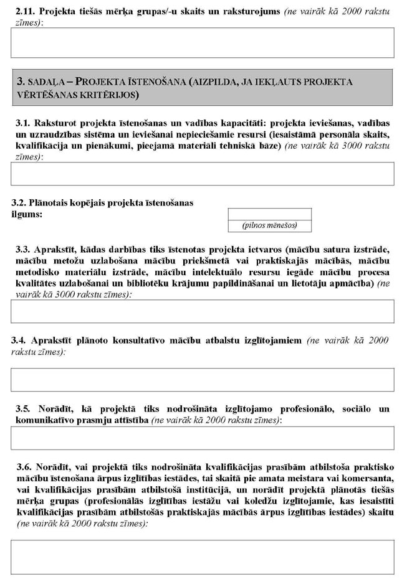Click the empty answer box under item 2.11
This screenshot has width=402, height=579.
pyautogui.click(x=203, y=42)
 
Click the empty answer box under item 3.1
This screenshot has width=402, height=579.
pyautogui.click(x=203, y=174)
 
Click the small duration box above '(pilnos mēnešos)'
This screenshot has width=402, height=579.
pyautogui.click(x=270, y=214)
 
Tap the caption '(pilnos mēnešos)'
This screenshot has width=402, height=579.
pyautogui.click(x=270, y=225)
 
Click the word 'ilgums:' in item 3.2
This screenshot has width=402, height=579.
pyautogui.click(x=27, y=215)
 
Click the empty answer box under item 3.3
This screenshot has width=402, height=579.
pyautogui.click(x=203, y=311)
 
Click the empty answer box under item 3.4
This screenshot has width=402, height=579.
pyautogui.click(x=203, y=379)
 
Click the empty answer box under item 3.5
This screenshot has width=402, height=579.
pyautogui.click(x=203, y=438)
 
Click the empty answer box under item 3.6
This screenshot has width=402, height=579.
pyautogui.click(x=203, y=557)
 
